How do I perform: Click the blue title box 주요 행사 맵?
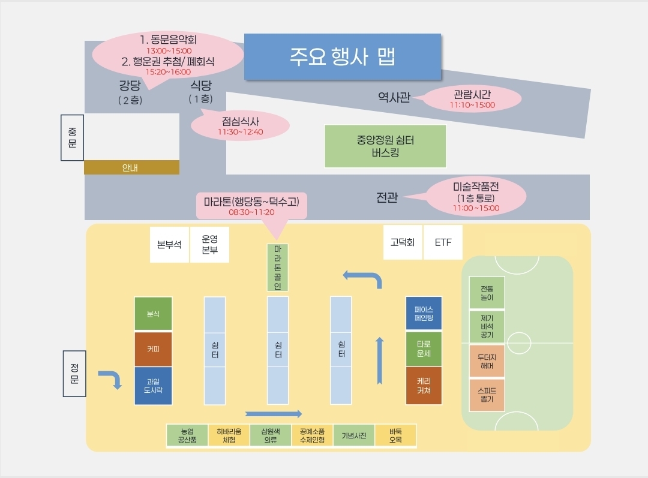[x=342, y=57]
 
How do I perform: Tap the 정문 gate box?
[x=74, y=372]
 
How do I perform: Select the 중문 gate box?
[x=72, y=138]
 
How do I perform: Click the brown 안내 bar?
[x=131, y=167]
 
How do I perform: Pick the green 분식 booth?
[x=153, y=314]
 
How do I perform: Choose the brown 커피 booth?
[x=153, y=348]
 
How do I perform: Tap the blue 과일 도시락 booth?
[x=153, y=386]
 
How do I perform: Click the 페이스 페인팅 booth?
[x=424, y=314]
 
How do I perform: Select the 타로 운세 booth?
[x=424, y=348]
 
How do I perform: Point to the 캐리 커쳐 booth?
[x=424, y=386]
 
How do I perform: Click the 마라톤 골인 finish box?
[x=277, y=267]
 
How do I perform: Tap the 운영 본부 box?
[x=209, y=244]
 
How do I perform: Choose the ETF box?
[x=443, y=243]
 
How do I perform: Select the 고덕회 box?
[x=403, y=243]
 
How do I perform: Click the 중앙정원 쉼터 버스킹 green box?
[x=385, y=146]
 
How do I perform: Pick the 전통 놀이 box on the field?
[x=487, y=292]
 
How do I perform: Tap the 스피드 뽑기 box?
[x=487, y=395]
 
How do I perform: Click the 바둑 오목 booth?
[x=395, y=436]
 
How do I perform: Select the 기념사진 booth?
[x=354, y=436]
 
